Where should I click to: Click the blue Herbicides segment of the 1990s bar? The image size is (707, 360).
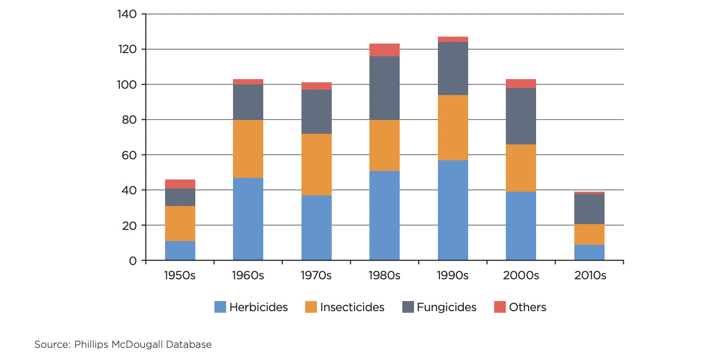453,210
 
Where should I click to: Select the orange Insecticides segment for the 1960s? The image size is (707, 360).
248,149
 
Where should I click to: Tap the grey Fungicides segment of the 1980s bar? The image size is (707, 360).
384,88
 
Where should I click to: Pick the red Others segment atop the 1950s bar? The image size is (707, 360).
180,184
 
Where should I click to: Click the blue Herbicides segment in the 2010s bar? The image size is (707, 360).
589,252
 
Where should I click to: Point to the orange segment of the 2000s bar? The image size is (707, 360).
521,168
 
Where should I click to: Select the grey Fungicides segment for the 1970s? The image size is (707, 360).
316,112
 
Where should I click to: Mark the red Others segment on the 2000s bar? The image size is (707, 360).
521,83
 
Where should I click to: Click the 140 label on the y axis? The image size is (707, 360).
127,14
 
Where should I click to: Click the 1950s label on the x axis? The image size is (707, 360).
180,276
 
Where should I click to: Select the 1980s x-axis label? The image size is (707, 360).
384,276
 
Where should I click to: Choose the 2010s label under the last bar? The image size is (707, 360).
589,276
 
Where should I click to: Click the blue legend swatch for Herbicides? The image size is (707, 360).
220,307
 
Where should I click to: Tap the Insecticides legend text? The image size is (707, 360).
352,307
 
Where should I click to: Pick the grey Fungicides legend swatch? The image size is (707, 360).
408,307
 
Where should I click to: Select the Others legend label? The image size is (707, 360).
527,307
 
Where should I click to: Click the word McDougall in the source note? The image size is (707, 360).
137,345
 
